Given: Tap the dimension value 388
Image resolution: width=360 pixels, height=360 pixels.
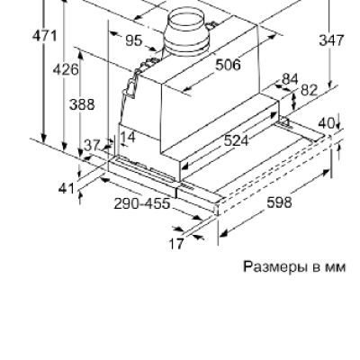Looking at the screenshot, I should pyautogui.click(x=82, y=104).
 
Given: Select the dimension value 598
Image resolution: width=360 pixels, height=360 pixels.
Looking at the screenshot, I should pyautogui.click(x=280, y=202).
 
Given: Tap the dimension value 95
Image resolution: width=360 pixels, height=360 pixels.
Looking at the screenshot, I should pyautogui.click(x=133, y=40).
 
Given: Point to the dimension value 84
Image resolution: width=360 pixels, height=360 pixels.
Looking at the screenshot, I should pyautogui.click(x=289, y=79).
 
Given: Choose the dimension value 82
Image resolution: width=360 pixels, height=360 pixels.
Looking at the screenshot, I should pyautogui.click(x=309, y=90).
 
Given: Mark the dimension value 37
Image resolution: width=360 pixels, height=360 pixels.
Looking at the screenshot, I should pyautogui.click(x=91, y=145).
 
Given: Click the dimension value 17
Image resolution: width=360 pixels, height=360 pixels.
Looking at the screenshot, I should pyautogui.click(x=176, y=242).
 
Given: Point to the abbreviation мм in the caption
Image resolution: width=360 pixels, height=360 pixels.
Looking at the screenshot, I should pyautogui.click(x=335, y=266).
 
